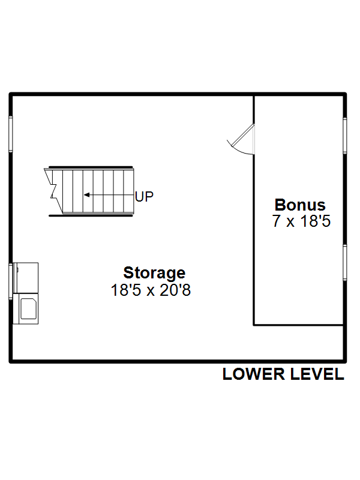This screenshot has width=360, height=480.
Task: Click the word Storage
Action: [154, 273]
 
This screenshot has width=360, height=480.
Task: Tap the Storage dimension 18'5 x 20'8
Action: [151, 290]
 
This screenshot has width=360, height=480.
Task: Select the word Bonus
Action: [300, 205]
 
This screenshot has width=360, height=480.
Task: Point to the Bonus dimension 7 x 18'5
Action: [302, 221]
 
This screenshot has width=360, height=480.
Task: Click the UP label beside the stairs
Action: [144, 197]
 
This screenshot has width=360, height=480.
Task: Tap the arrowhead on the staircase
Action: [86, 194]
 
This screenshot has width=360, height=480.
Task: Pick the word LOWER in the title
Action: [253, 374]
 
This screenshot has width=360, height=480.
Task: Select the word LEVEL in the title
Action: [317, 374]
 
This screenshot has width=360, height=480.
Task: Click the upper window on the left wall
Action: [11, 134]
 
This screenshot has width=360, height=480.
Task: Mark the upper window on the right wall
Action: [344, 136]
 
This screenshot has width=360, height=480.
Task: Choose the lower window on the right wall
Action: [344, 262]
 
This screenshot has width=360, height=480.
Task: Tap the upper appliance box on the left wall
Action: [26, 278]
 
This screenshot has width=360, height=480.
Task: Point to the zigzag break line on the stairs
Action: [53, 191]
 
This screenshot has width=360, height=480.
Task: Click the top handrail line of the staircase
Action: [91, 167]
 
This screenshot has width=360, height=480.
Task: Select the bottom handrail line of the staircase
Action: [91, 215]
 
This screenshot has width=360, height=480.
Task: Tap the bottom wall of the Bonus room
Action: [298, 325]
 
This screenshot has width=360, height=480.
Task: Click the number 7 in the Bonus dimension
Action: [277, 221]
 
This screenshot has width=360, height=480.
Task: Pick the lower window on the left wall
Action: [11, 281]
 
